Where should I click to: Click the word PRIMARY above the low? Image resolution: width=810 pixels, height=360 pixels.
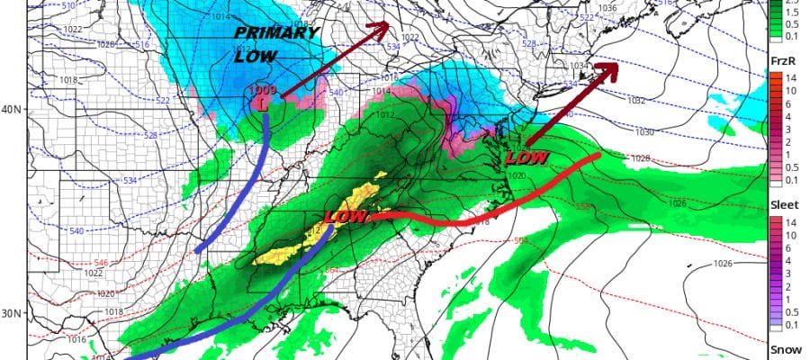(x=276, y=33)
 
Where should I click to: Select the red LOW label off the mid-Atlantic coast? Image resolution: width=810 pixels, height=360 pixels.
(x=528, y=157)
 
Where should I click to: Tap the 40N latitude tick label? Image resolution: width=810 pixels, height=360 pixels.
(x=13, y=110)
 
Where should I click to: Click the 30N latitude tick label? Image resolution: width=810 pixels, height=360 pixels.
(x=13, y=313)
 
